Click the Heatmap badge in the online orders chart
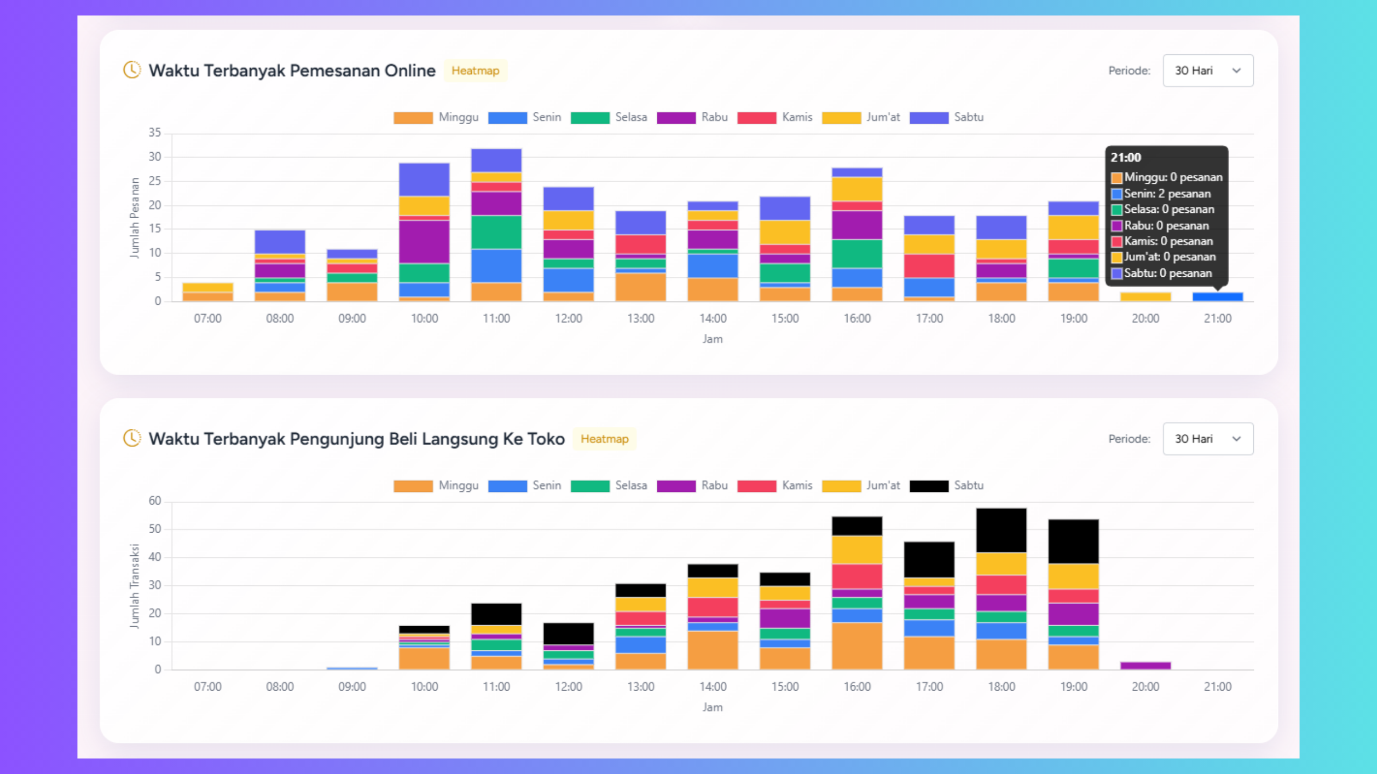475,70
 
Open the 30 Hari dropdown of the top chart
1208,70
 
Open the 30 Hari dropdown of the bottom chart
1208,439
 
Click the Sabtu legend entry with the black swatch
947,485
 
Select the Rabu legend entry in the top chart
692,117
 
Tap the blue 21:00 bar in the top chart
1217,297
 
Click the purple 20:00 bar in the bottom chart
1145,665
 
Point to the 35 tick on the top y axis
155,132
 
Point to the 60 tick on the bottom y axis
155,500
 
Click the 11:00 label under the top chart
496,318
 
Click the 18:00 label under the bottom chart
1001,686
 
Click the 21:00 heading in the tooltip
1126,157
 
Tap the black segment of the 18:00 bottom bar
1001,530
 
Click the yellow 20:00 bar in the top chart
1145,297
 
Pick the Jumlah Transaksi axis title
134,586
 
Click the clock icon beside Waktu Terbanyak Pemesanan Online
132,70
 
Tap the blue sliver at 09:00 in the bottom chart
352,668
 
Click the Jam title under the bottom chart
712,707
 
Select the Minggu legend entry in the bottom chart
436,485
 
